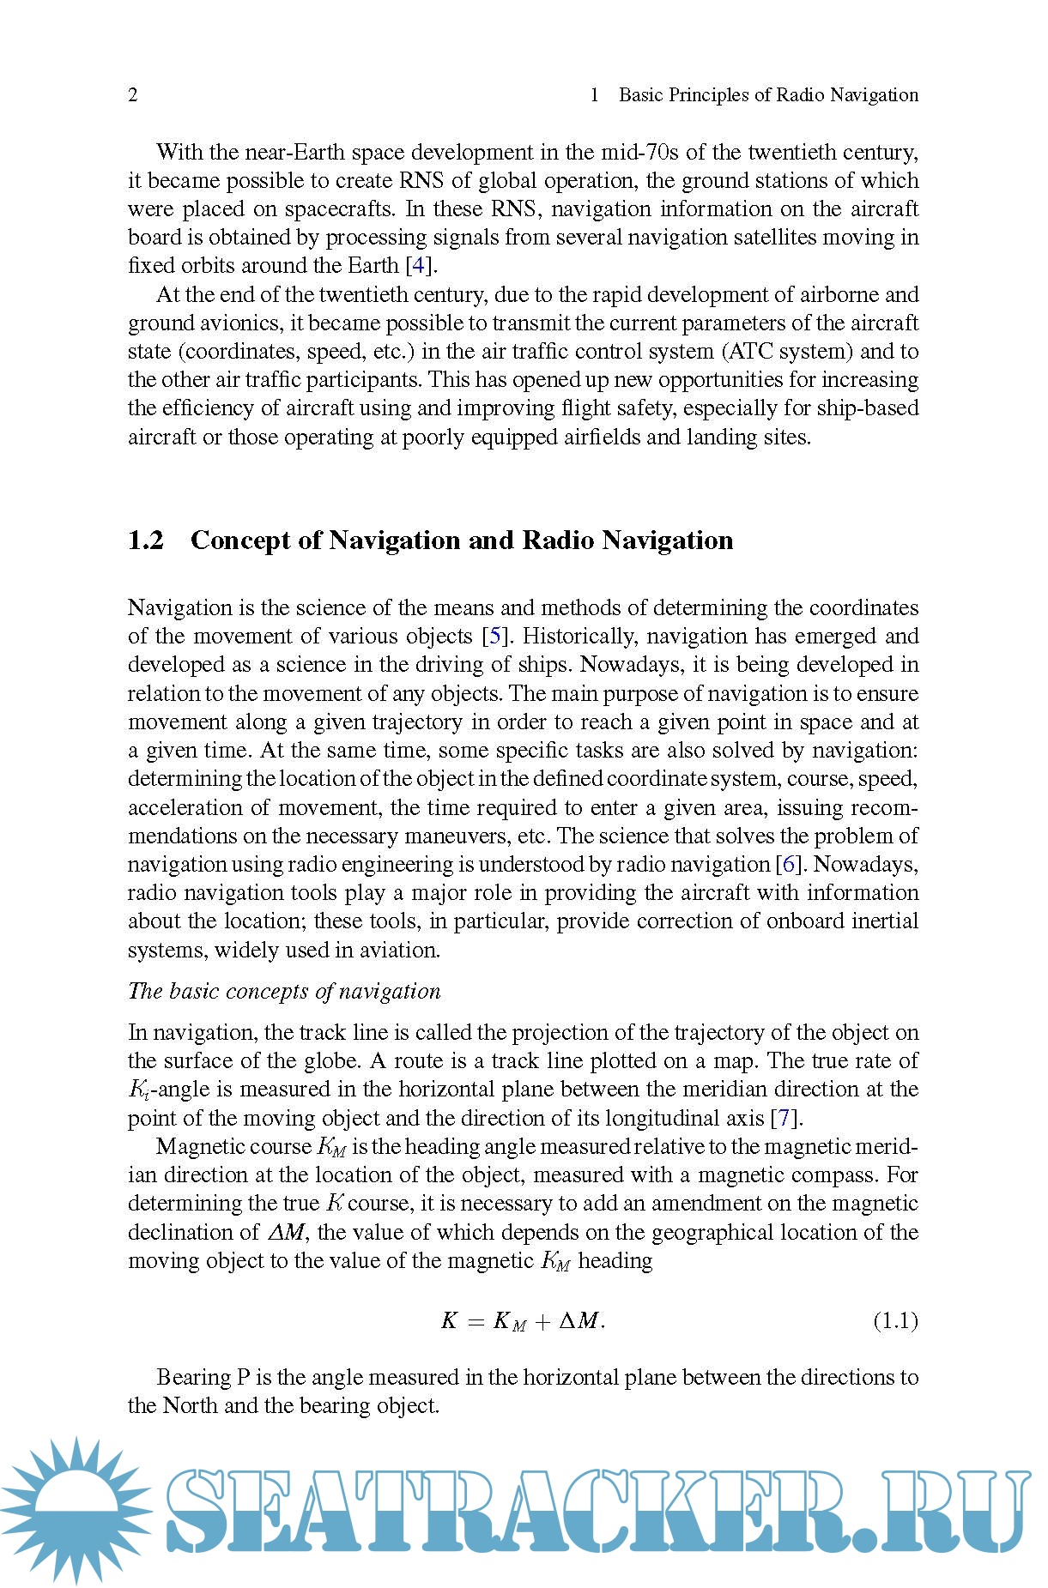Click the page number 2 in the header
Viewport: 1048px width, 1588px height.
[x=133, y=95]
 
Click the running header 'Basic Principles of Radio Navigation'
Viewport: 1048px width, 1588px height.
[x=768, y=95]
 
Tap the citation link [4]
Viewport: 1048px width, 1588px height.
[x=418, y=266]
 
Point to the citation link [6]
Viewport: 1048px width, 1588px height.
[x=788, y=865]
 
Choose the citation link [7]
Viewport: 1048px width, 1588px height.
[x=784, y=1119]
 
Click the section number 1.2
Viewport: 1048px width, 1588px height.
[x=146, y=540]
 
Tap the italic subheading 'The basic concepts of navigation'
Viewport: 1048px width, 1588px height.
[x=284, y=992]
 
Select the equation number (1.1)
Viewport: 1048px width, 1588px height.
[x=895, y=1320]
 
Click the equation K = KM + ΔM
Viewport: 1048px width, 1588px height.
[x=523, y=1321]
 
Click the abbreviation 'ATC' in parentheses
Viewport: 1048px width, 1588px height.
[x=753, y=352]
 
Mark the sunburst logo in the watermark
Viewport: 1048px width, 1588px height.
[x=77, y=1510]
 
